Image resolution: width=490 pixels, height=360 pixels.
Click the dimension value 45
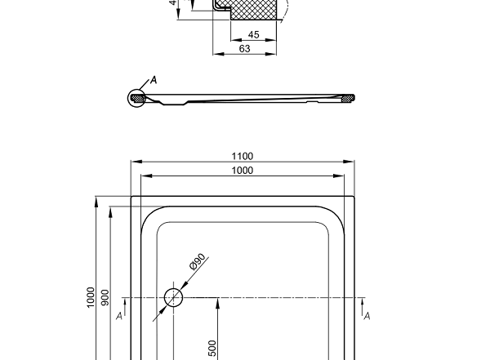[253, 35]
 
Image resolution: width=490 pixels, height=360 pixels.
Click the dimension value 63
[244, 49]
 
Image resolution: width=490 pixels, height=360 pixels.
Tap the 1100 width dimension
[243, 156]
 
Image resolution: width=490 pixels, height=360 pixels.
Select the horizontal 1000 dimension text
[243, 170]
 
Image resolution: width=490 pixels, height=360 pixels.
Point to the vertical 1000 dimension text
[91, 298]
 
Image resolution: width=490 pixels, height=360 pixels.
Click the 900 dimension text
[104, 298]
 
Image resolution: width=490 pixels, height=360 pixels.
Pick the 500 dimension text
[212, 349]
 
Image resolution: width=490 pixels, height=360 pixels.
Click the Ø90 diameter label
[197, 263]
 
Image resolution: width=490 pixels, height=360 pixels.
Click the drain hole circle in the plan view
[173, 298]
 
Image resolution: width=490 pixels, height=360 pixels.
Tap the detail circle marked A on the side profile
[136, 98]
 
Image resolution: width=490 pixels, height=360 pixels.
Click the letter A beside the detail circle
[152, 80]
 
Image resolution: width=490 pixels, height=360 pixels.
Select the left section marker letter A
[119, 316]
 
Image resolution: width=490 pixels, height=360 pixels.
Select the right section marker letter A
[367, 316]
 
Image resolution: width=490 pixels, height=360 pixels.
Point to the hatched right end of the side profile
[347, 98]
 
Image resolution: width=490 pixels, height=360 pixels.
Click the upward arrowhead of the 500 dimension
[219, 302]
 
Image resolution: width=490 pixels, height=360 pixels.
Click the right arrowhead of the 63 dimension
[271, 55]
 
